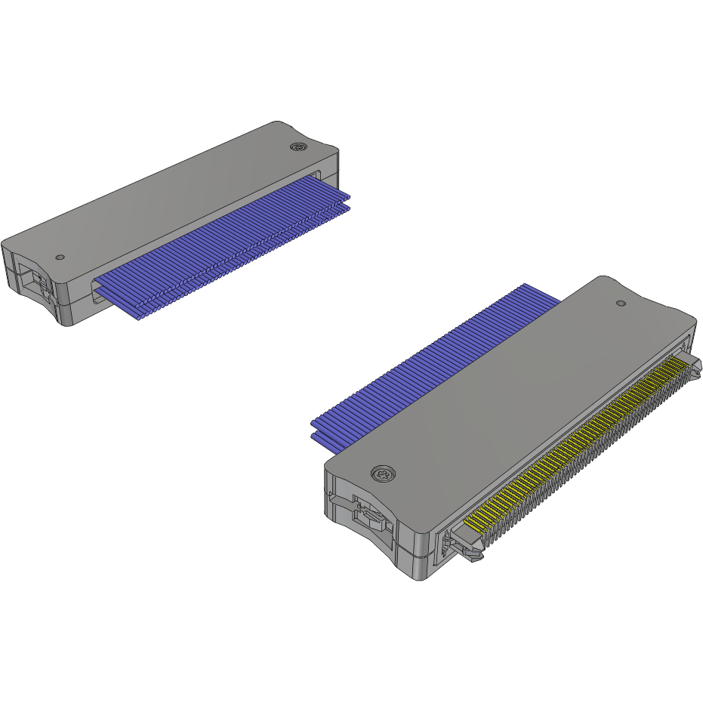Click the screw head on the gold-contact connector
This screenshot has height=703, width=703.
[x=384, y=475]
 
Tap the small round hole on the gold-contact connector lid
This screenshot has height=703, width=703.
[x=621, y=303]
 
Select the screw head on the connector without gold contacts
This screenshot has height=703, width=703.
[x=300, y=147]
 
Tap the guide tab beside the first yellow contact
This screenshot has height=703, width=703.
[x=464, y=547]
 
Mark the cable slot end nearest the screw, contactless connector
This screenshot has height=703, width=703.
[x=328, y=176]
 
